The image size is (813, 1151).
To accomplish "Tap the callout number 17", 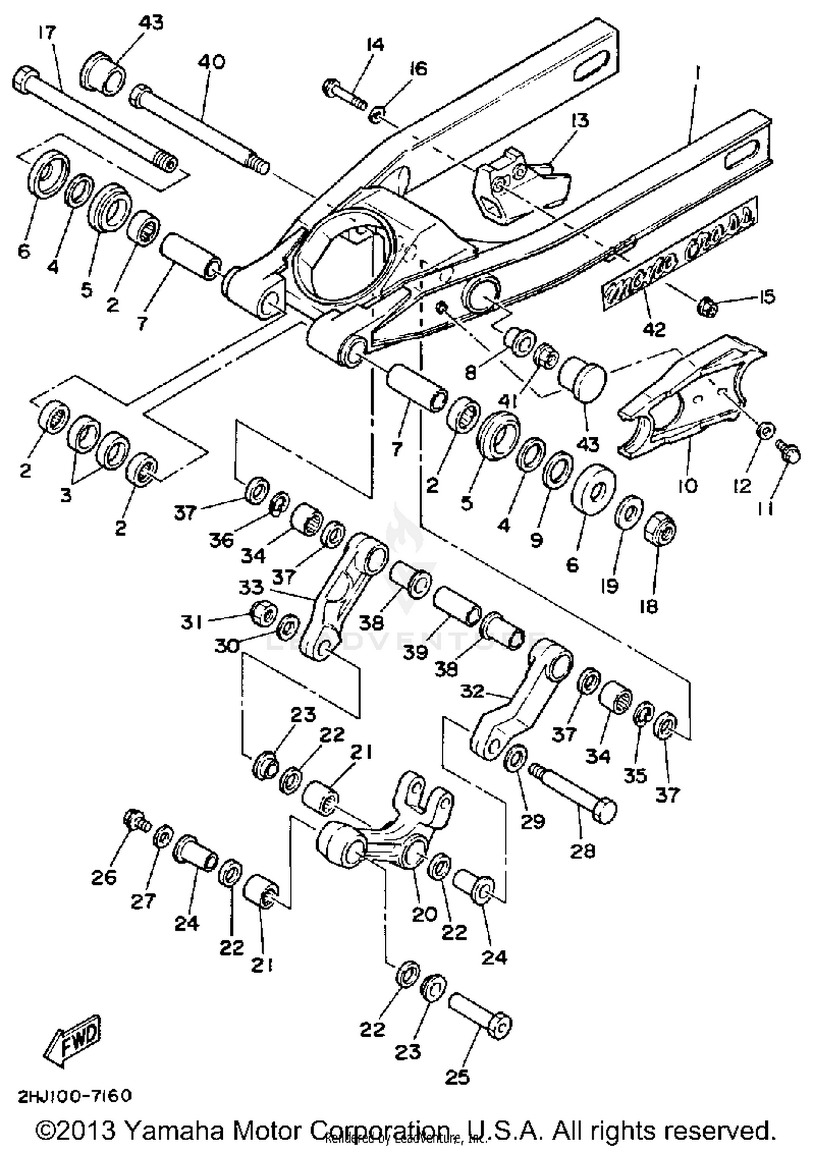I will pyautogui.click(x=47, y=34).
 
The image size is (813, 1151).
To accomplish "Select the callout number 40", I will pyautogui.click(x=211, y=62).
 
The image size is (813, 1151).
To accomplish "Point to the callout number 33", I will pyautogui.click(x=251, y=587).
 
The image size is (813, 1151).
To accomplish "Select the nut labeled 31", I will pyautogui.click(x=263, y=613).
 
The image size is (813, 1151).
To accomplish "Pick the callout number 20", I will pyautogui.click(x=424, y=914).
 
